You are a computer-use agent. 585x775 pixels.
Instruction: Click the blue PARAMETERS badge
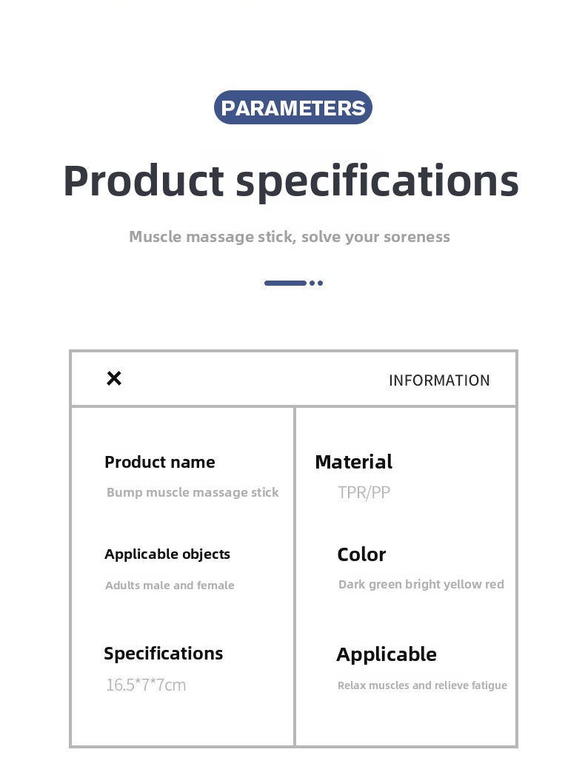coord(292,107)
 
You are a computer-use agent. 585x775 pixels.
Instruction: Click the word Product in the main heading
coord(144,181)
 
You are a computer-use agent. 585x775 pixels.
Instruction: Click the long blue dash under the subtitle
coord(285,284)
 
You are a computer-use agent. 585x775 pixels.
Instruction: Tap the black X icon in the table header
coord(114,378)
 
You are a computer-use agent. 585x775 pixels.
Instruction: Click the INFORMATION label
coord(439,380)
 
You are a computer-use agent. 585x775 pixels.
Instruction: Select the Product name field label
coord(160,462)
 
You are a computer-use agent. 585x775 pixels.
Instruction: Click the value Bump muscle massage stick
coord(193,492)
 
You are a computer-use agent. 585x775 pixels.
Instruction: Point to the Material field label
coord(353,462)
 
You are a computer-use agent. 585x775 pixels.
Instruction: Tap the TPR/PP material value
coord(364,492)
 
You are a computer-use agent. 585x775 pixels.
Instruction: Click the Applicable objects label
coord(167,554)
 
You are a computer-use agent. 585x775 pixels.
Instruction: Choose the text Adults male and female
coord(170,586)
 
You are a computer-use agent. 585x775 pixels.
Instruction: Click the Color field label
coord(361,554)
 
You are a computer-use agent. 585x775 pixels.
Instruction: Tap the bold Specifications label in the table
coord(163,654)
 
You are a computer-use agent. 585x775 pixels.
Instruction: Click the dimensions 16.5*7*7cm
coord(146,685)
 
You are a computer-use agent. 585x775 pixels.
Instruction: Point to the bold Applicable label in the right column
coord(387,655)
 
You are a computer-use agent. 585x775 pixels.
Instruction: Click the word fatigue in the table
coord(489,685)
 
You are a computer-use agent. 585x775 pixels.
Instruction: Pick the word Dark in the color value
coord(352,584)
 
